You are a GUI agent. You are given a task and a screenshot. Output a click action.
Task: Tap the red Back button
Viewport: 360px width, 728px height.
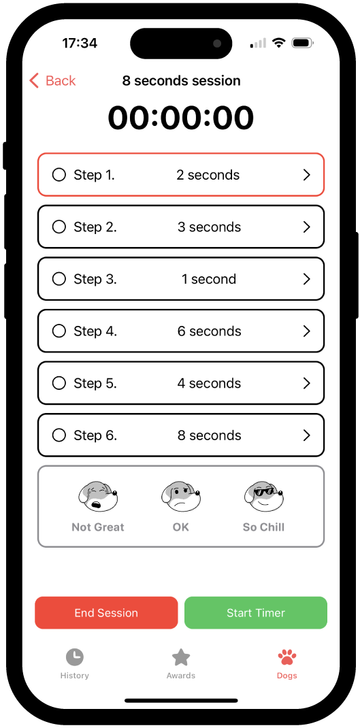tap(52, 81)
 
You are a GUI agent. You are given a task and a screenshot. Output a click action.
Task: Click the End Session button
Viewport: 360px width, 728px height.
tap(106, 613)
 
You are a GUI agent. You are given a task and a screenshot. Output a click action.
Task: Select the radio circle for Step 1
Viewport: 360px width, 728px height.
tap(59, 175)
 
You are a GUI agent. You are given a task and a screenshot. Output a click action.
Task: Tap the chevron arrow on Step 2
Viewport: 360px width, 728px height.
tap(306, 227)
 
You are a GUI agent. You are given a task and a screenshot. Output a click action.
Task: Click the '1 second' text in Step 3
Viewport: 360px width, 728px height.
tap(209, 279)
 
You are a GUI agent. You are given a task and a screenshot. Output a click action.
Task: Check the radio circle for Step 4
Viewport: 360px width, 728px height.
tap(59, 331)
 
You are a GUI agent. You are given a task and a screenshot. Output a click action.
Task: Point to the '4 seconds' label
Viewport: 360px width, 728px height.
tap(209, 383)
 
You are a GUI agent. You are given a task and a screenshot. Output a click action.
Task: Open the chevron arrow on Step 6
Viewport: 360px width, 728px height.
tap(306, 435)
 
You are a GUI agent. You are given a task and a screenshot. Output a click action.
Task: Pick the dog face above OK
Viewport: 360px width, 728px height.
tap(181, 497)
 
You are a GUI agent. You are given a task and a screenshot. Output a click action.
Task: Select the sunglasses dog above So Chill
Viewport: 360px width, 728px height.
tap(263, 497)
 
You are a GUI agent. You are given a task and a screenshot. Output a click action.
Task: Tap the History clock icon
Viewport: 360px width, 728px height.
tap(74, 657)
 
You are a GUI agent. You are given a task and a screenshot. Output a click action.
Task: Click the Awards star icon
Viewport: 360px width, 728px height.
tap(180, 657)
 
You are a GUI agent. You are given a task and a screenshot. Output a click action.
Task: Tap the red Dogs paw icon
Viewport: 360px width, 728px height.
tap(287, 657)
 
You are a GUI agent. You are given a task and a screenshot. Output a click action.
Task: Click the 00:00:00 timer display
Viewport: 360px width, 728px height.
tap(181, 118)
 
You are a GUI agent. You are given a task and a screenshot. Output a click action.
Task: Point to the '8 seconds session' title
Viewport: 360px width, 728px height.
tap(181, 81)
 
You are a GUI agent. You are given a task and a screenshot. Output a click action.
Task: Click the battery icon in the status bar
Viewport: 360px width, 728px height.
tap(301, 43)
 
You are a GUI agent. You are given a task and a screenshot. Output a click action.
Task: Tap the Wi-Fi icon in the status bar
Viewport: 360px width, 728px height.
tap(278, 43)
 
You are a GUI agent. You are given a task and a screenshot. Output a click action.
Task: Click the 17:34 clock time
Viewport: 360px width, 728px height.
tap(80, 43)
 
